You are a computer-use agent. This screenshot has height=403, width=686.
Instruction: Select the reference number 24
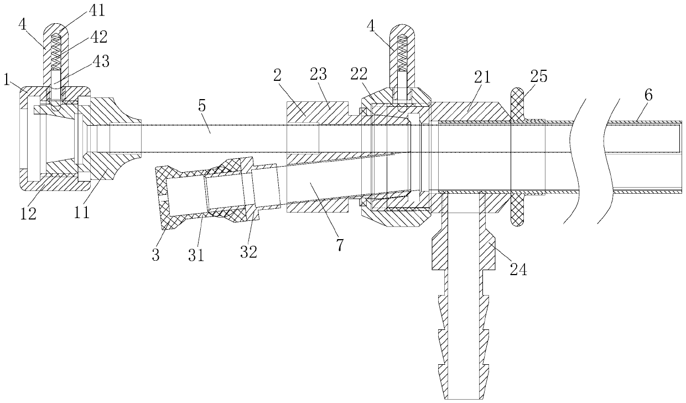click(518, 270)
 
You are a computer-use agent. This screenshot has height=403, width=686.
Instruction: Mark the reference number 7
click(339, 245)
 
